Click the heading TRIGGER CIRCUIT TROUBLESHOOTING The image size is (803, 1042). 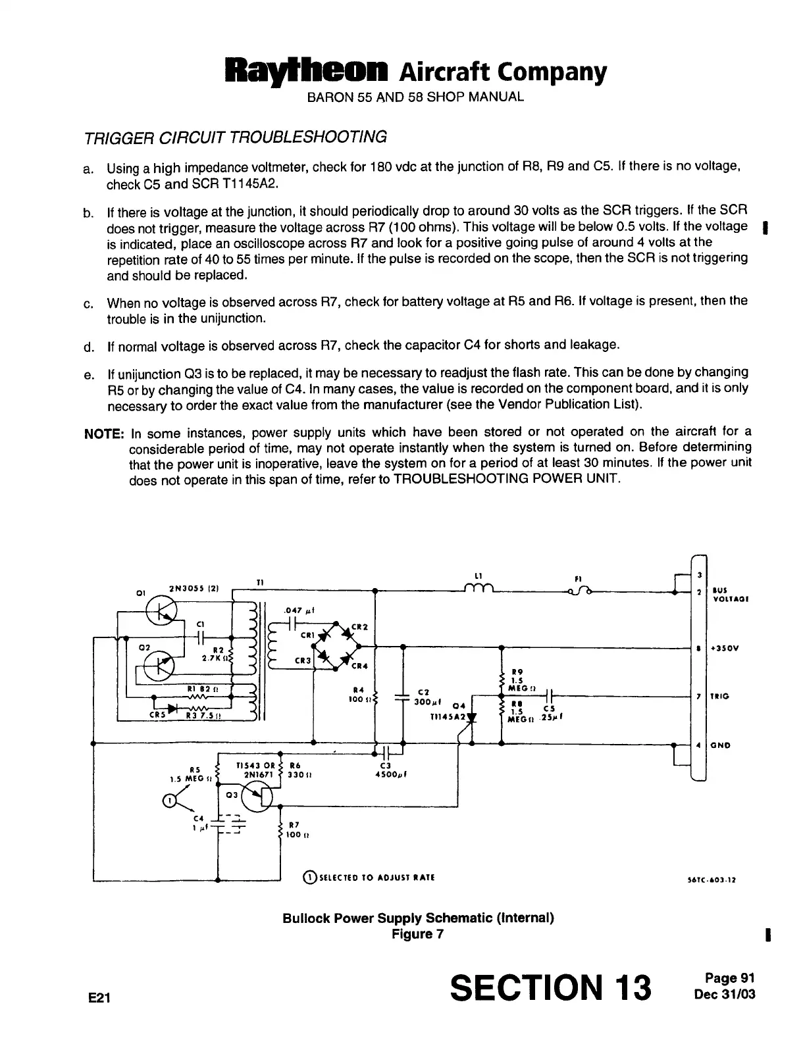(236, 137)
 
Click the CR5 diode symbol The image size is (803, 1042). (172, 708)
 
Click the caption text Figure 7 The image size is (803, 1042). (417, 934)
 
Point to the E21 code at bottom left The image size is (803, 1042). (99, 998)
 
